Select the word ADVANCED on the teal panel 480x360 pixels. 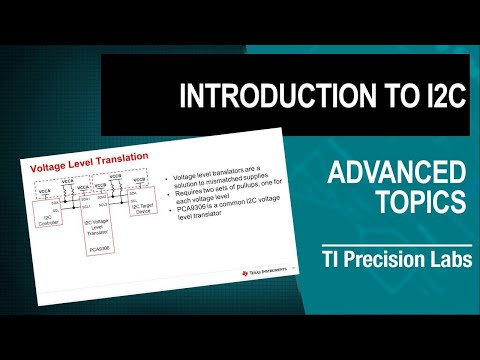(397, 174)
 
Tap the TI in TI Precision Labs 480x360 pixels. (332, 258)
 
